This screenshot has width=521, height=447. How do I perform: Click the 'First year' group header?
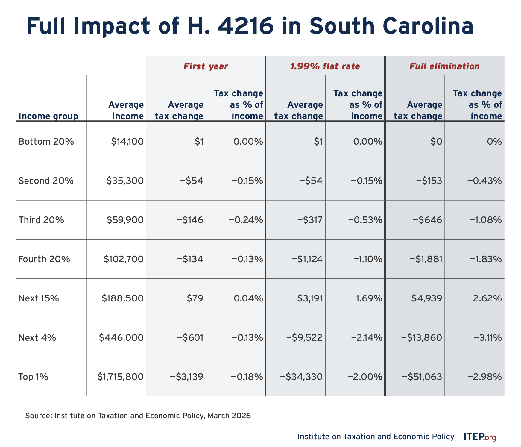pyautogui.click(x=206, y=66)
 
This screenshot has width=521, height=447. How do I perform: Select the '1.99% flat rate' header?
pyautogui.click(x=325, y=66)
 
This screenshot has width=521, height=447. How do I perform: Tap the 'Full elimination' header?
pyautogui.click(x=444, y=66)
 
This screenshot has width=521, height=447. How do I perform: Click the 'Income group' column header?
pyautogui.click(x=48, y=116)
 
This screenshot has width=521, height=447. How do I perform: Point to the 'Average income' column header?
pyautogui.click(x=126, y=110)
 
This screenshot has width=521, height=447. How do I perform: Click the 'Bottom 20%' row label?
pyautogui.click(x=46, y=141)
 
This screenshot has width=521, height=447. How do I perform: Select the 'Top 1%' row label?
pyautogui.click(x=33, y=377)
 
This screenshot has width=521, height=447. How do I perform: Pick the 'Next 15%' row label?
pyautogui.click(x=39, y=298)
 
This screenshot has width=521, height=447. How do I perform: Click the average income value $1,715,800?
pyautogui.click(x=121, y=377)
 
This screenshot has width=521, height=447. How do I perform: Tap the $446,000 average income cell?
pyautogui.click(x=121, y=338)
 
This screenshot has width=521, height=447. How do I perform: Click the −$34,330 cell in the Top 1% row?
pyautogui.click(x=301, y=377)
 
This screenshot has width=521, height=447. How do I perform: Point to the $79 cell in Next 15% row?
pyautogui.click(x=195, y=298)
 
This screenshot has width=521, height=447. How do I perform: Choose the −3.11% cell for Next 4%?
pyautogui.click(x=487, y=338)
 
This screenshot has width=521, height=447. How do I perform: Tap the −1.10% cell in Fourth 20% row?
pyautogui.click(x=368, y=259)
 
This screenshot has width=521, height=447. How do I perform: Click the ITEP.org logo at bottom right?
pyautogui.click(x=480, y=437)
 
